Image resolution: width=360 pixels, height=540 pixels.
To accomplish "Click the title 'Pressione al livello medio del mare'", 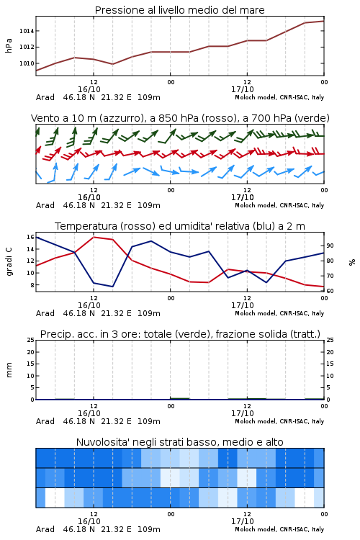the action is coord(179,10).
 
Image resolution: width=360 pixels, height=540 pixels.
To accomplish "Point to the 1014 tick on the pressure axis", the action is coord(27,31).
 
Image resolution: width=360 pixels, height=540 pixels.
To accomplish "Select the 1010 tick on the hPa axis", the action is coord(27,63).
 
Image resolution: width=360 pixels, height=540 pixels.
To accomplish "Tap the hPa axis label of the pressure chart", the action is coord(9,45).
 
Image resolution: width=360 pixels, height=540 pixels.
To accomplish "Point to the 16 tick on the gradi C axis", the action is coord(30,237).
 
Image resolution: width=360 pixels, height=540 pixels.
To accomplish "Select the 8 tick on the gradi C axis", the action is coord(32,285).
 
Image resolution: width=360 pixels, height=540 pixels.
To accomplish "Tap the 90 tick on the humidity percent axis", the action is coord(330,246).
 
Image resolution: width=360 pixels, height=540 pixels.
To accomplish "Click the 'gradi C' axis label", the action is coord(9,262).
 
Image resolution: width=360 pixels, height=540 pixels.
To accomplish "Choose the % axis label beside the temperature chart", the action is coord(352,262).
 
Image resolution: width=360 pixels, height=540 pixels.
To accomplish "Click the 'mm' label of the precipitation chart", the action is coord(9,370).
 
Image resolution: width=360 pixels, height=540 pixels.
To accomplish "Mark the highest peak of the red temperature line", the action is coord(94,237).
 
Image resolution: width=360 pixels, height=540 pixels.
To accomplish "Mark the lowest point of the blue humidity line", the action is coord(112,287).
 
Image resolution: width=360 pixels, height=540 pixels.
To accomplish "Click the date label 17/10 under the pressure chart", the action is coord(243,89).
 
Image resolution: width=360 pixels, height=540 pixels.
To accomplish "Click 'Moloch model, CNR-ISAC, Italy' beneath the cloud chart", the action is coord(279,529).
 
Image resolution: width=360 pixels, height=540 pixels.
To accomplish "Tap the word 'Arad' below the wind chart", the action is coord(45,205).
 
